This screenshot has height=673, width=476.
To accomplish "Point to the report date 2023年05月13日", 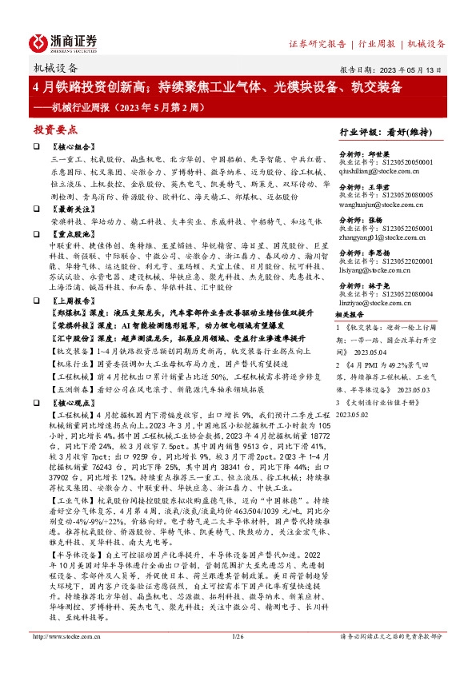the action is pos(418,70).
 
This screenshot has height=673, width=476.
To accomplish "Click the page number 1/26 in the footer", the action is pos(237,658).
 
